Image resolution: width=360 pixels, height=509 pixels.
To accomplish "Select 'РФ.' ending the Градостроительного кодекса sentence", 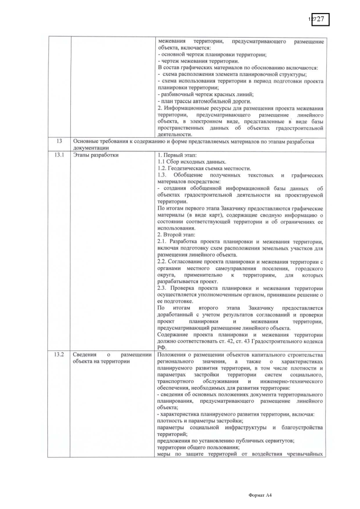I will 162,348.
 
